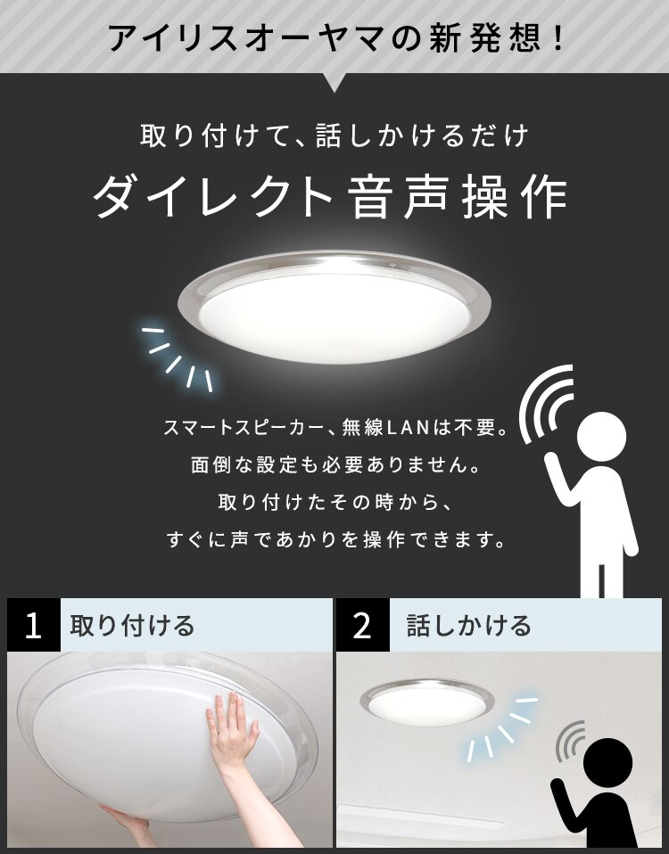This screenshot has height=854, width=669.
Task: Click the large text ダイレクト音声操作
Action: pos(330,195)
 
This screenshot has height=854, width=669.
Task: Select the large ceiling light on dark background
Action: pos(334,308)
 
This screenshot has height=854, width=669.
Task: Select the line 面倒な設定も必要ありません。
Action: pos(334,465)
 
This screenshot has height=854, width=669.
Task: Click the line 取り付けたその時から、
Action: pos(334,502)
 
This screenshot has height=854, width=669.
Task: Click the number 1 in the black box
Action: pos(34,626)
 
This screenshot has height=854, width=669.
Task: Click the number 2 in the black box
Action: pos(362,626)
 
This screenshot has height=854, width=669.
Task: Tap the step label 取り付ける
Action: pos(132,625)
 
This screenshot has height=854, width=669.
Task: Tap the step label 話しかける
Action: pos(468,625)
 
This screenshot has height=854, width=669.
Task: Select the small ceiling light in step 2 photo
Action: pos(426,701)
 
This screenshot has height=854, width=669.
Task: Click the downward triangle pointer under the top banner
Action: pos(334,83)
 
